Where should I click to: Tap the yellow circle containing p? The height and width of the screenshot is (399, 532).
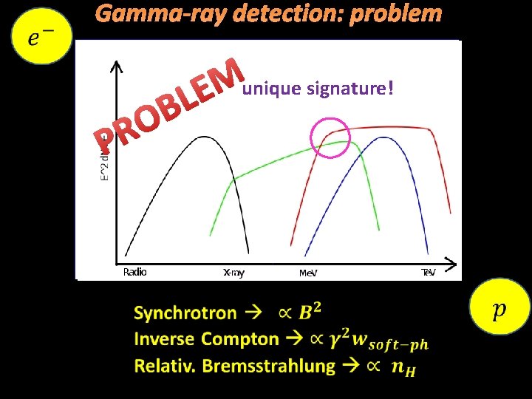[499, 307]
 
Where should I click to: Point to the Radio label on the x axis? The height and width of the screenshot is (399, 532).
[134, 272]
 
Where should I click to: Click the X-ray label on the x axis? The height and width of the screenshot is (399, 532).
[233, 273]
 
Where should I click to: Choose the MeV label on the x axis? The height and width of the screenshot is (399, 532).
[308, 273]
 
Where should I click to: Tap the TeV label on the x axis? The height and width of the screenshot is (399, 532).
[428, 273]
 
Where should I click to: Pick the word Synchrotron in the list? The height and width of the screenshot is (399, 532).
[185, 313]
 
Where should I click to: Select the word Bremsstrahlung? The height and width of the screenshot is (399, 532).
[268, 366]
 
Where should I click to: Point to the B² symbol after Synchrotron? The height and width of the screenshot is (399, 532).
[310, 313]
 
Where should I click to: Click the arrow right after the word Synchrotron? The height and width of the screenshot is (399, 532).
[253, 313]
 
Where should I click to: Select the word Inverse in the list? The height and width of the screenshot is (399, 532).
[164, 340]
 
